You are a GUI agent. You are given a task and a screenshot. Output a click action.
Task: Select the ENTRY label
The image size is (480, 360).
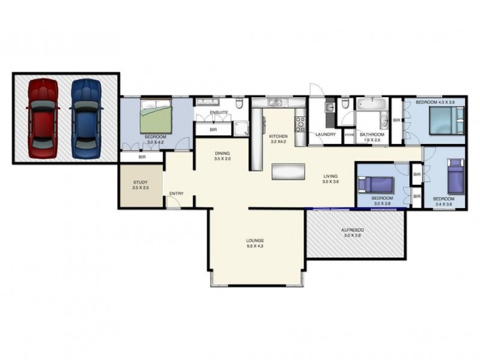click(176, 193)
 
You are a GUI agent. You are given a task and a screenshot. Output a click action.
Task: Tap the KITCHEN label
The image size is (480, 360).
click(279, 136)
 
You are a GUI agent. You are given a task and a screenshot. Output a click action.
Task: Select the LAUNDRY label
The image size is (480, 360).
click(325, 134)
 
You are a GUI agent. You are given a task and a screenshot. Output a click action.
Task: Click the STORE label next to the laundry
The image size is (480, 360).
click(349, 135)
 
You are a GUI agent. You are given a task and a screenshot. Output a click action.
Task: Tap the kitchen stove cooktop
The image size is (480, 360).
click(300, 124)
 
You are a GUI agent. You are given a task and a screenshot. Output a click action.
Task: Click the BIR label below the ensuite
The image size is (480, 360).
click(213, 130)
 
